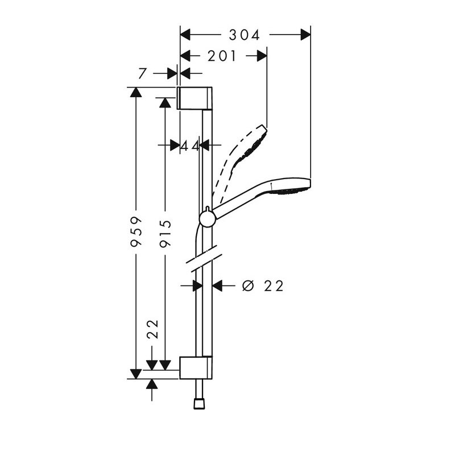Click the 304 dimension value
coord(244,35)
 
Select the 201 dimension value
coord(222,56)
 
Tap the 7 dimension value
coord(142,74)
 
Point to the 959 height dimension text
coord(136,231)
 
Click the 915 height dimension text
coord(166,234)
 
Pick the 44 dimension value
coord(190,146)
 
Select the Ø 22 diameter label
coord(263,286)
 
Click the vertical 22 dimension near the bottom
coord(153,329)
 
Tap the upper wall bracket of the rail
coord(195,98)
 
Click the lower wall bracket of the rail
coord(196,367)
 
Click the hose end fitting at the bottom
coord(199,404)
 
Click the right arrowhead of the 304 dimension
coord(305,35)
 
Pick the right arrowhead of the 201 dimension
coord(262,56)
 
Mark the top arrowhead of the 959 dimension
coord(136,92)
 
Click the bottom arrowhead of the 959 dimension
coord(136,374)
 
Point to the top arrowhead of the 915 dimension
coord(166,103)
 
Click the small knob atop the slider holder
coord(207,209)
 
